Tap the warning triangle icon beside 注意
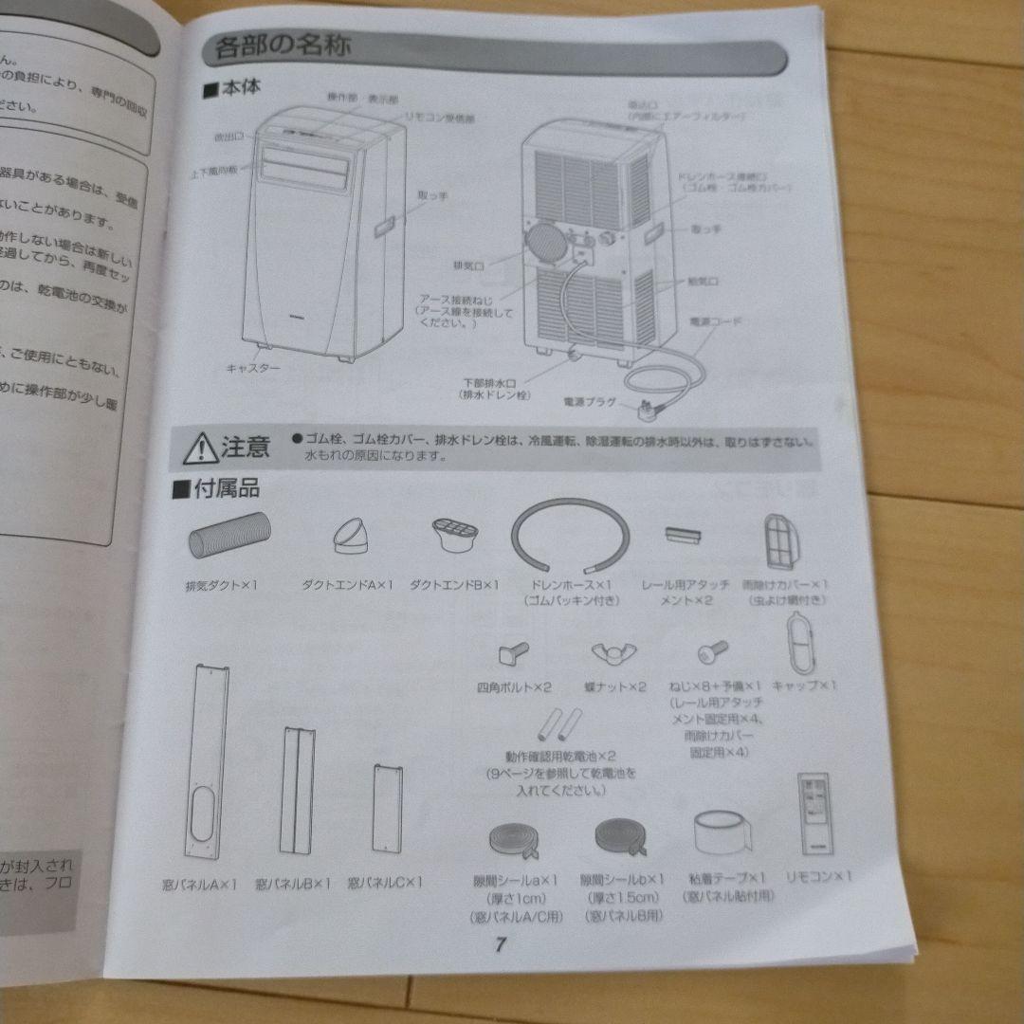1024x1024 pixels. [x=201, y=446]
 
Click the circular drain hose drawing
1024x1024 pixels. [x=569, y=536]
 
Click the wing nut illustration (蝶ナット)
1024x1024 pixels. [x=613, y=652]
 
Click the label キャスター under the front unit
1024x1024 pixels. [x=252, y=367]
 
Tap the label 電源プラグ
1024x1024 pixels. [x=589, y=402]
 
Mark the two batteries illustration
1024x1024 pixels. [x=558, y=725]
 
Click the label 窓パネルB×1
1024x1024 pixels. [x=293, y=884]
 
